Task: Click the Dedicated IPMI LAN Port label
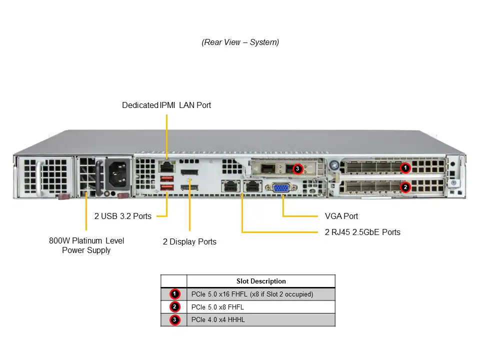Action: coord(166,105)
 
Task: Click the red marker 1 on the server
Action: coord(405,168)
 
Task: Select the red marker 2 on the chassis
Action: coord(405,187)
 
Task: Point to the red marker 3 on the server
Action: coord(297,169)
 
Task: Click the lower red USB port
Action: coord(166,188)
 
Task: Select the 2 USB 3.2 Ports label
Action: coord(123,216)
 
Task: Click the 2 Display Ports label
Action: coord(189,242)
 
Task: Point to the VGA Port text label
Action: coord(341,216)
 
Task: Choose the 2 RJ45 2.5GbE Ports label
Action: coord(362,232)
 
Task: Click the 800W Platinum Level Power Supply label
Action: coord(86,245)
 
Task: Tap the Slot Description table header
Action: coord(260,281)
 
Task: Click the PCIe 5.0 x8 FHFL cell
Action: coord(218,307)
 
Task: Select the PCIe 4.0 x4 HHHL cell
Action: coord(218,320)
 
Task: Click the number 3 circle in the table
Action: coord(174,320)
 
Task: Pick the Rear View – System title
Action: coord(240,42)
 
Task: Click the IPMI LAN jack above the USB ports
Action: coord(166,166)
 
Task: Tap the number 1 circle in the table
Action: coord(174,294)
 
